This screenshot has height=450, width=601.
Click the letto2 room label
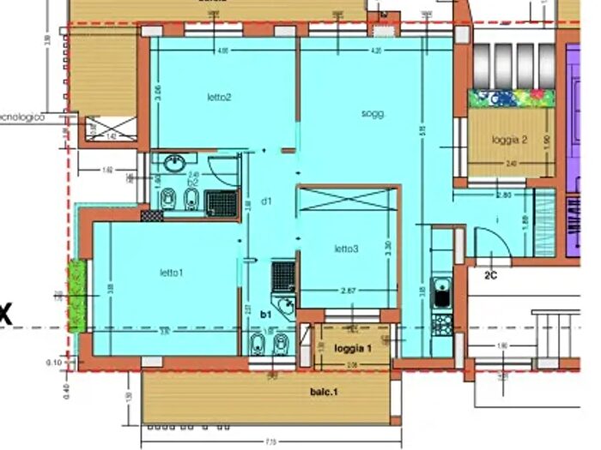click(x=219, y=97)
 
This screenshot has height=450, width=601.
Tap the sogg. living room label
click(x=372, y=113)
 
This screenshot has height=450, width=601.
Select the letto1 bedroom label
click(x=171, y=273)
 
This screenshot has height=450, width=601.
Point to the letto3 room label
click(x=346, y=249)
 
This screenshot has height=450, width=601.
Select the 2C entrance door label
click(x=492, y=275)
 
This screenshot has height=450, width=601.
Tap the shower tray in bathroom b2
click(x=222, y=201)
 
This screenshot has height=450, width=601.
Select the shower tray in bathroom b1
click(x=283, y=275)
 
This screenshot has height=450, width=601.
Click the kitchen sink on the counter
click(x=442, y=292)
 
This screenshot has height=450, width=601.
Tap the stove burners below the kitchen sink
click(x=442, y=324)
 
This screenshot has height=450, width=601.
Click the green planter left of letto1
click(x=78, y=297)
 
